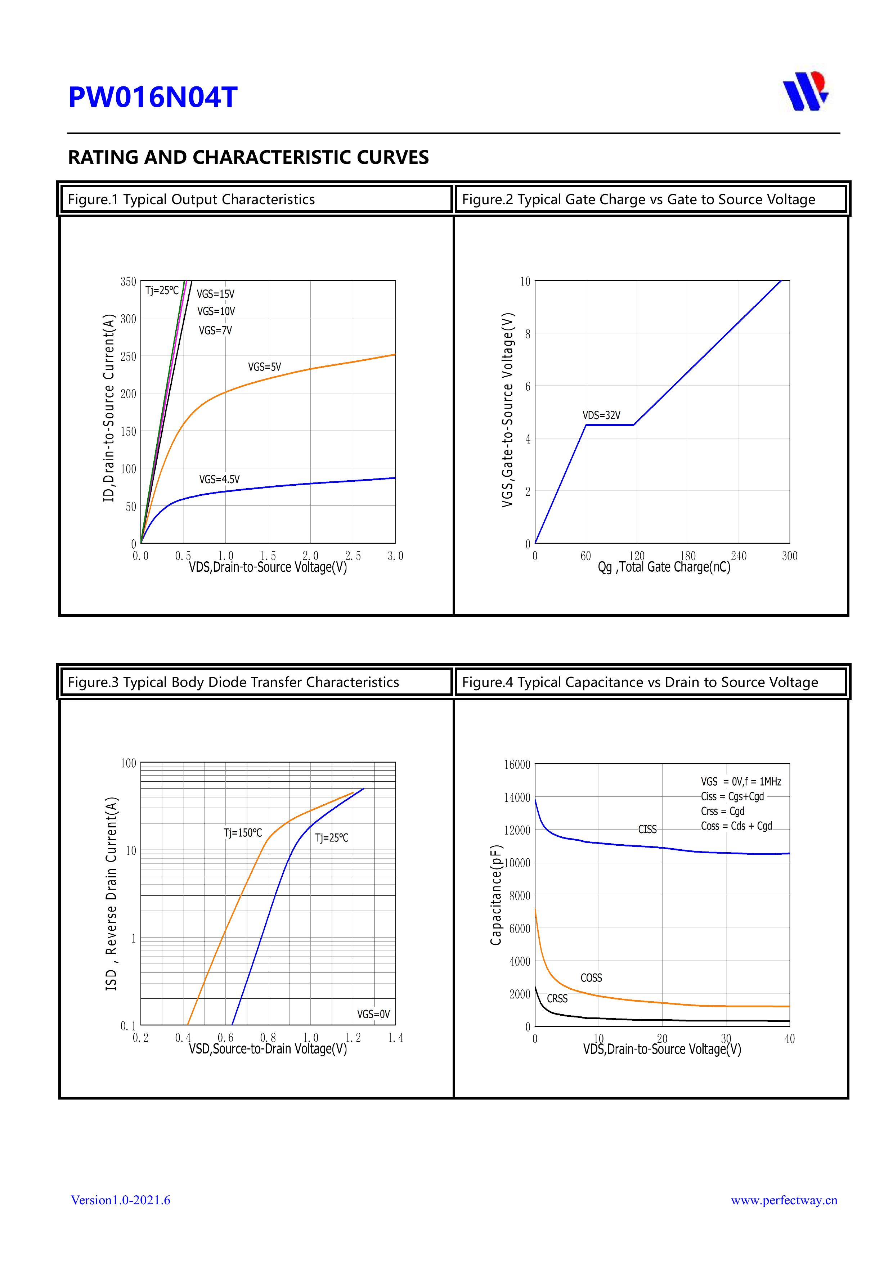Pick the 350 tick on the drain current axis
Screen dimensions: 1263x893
pyautogui.click(x=128, y=282)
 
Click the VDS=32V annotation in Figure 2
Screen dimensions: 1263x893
pyautogui.click(x=601, y=415)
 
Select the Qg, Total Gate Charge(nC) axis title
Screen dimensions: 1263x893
pyautogui.click(x=664, y=567)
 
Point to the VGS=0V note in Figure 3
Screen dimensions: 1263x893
pyautogui.click(x=373, y=1014)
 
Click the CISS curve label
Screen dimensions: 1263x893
pyautogui.click(x=647, y=829)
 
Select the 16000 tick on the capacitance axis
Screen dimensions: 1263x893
pyautogui.click(x=517, y=765)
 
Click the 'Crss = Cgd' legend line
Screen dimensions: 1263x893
pyautogui.click(x=722, y=812)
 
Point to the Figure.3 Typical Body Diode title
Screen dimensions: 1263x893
pyautogui.click(x=233, y=682)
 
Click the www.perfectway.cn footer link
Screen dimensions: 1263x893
pyautogui.click(x=784, y=1200)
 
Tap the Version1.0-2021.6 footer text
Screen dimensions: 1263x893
pyautogui.click(x=121, y=1200)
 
